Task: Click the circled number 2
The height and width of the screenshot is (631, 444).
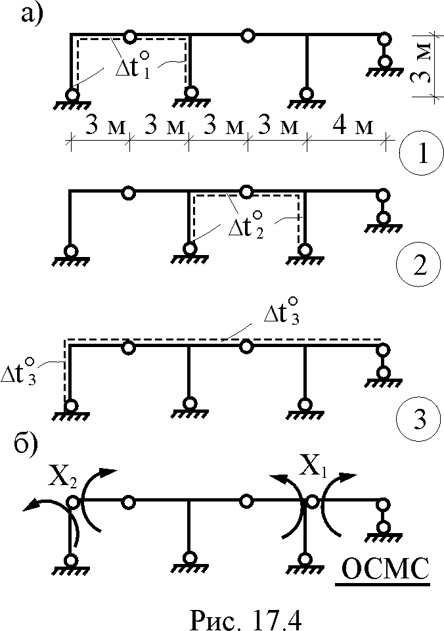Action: pyautogui.click(x=420, y=266)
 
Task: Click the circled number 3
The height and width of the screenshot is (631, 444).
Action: pyautogui.click(x=420, y=420)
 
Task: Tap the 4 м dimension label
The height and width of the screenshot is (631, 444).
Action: pyautogui.click(x=353, y=126)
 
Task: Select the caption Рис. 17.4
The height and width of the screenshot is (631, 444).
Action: pyautogui.click(x=245, y=618)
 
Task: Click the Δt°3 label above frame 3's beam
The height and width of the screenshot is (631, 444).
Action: pyautogui.click(x=282, y=311)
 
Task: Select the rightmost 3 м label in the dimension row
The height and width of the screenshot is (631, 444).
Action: pyautogui.click(x=278, y=126)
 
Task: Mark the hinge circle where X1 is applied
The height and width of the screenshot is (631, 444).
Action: pyautogui.click(x=312, y=502)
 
